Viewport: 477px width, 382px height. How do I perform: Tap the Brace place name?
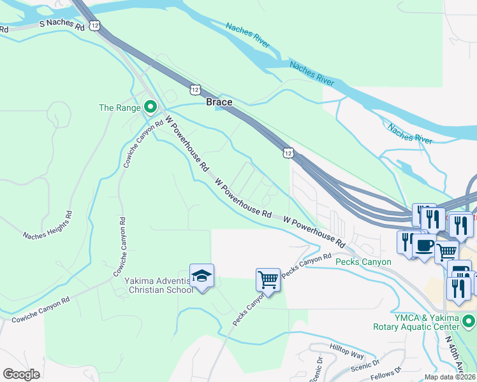point(219,102)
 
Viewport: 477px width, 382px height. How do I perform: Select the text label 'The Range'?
point(119,108)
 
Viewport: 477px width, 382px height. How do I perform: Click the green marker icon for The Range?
point(150,107)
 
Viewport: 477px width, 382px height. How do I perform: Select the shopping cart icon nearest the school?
point(268,280)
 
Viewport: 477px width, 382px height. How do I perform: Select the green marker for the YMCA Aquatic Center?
point(469,320)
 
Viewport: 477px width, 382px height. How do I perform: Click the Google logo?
point(21,374)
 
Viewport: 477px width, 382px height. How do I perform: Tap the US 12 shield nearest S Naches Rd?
point(95,25)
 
